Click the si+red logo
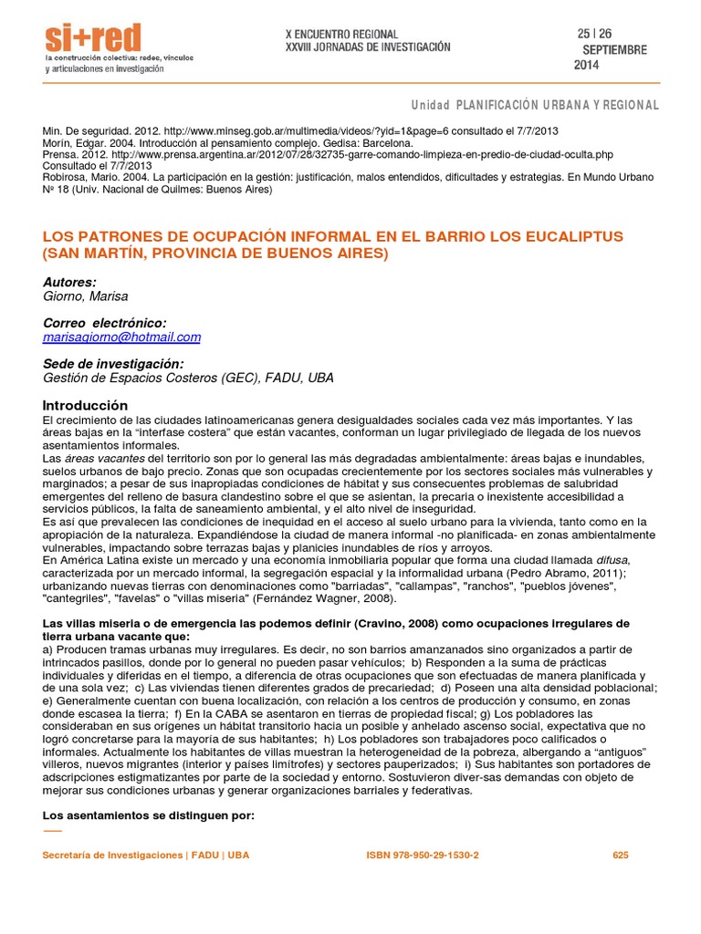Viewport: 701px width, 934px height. click(93, 38)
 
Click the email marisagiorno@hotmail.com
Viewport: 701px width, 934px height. click(121, 337)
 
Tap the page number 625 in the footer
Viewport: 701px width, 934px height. click(621, 856)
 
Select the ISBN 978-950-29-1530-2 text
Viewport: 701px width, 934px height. click(422, 856)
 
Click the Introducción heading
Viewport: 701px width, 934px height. click(86, 405)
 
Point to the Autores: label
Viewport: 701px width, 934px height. click(69, 283)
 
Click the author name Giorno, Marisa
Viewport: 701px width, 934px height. click(86, 296)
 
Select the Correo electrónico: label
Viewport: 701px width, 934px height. click(105, 324)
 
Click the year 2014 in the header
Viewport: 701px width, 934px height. click(587, 66)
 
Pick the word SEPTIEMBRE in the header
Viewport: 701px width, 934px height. click(614, 50)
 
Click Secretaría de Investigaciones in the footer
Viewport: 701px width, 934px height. click(112, 856)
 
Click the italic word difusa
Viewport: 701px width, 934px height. click(612, 559)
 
